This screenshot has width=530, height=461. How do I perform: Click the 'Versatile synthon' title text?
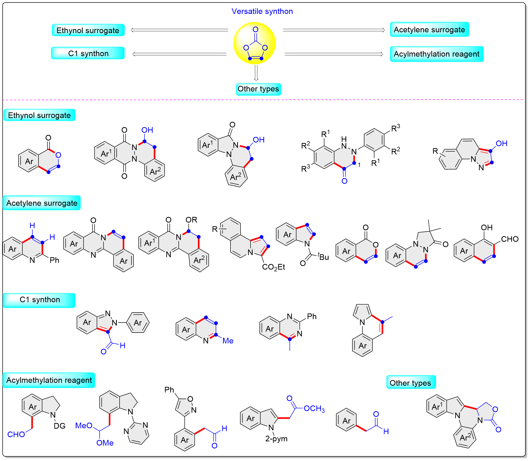pyautogui.click(x=262, y=11)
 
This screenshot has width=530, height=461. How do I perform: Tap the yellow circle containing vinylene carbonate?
pyautogui.click(x=254, y=43)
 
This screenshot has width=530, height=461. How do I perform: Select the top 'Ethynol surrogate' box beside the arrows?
pyautogui.click(x=88, y=30)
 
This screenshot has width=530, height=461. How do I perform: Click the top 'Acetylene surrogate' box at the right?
pyautogui.click(x=429, y=29)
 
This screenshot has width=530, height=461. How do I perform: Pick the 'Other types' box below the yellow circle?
pyautogui.click(x=258, y=89)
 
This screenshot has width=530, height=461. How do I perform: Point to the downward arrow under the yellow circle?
pyautogui.click(x=256, y=73)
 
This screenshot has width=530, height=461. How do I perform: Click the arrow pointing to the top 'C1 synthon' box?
pyautogui.click(x=179, y=54)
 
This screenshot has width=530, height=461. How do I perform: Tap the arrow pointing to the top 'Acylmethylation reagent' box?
pyautogui.click(x=334, y=54)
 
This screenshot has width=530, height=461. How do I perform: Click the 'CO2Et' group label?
pyautogui.click(x=273, y=267)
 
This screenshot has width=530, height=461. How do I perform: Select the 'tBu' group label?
pyautogui.click(x=323, y=256)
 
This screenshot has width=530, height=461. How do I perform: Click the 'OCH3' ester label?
pyautogui.click(x=314, y=408)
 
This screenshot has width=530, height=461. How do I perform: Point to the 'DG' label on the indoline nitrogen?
pyautogui.click(x=60, y=426)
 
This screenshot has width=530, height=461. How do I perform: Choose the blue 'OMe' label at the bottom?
pyautogui.click(x=105, y=443)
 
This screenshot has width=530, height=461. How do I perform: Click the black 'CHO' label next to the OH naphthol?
pyautogui.click(x=510, y=239)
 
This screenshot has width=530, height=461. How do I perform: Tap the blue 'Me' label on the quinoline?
pyautogui.click(x=228, y=341)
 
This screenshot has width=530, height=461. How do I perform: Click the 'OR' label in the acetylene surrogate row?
pyautogui.click(x=191, y=220)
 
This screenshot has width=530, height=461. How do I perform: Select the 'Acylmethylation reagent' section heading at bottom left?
pyautogui.click(x=49, y=380)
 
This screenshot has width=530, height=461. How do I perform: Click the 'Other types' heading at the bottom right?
pyautogui.click(x=411, y=383)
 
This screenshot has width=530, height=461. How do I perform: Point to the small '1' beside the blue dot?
pyautogui.click(x=359, y=165)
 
